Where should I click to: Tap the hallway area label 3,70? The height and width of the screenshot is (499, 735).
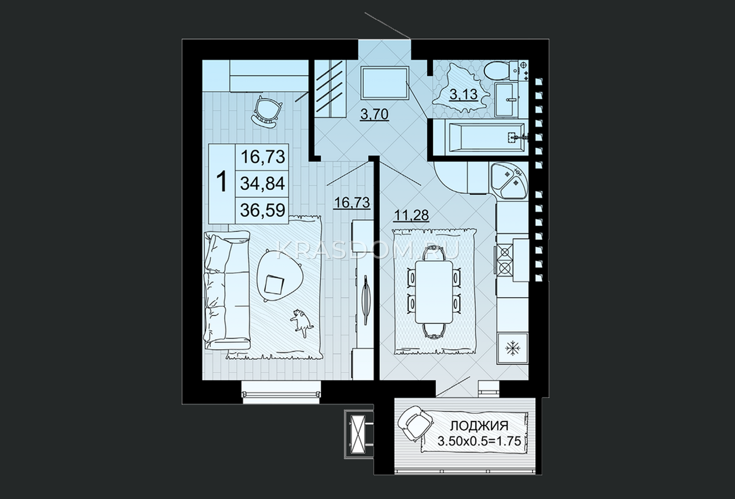(374, 114)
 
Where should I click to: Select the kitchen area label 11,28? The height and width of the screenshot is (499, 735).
(412, 215)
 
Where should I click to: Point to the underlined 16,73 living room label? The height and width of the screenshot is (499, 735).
(352, 203)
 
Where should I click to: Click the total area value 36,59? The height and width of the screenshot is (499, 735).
(262, 210)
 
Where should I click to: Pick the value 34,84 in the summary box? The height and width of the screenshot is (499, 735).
(262, 183)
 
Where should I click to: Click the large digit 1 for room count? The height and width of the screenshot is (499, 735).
(222, 183)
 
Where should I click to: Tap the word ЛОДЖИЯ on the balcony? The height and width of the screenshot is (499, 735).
(480, 426)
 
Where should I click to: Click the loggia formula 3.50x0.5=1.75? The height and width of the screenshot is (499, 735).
(480, 441)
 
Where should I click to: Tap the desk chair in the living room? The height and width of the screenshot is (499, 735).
(267, 112)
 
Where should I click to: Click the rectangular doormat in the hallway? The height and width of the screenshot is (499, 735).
(385, 82)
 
